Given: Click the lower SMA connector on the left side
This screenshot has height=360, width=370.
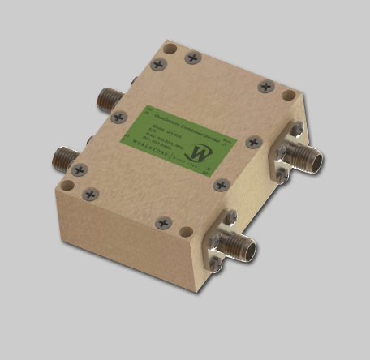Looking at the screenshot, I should [63, 153].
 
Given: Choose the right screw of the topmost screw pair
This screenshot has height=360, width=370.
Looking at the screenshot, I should [193, 58].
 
